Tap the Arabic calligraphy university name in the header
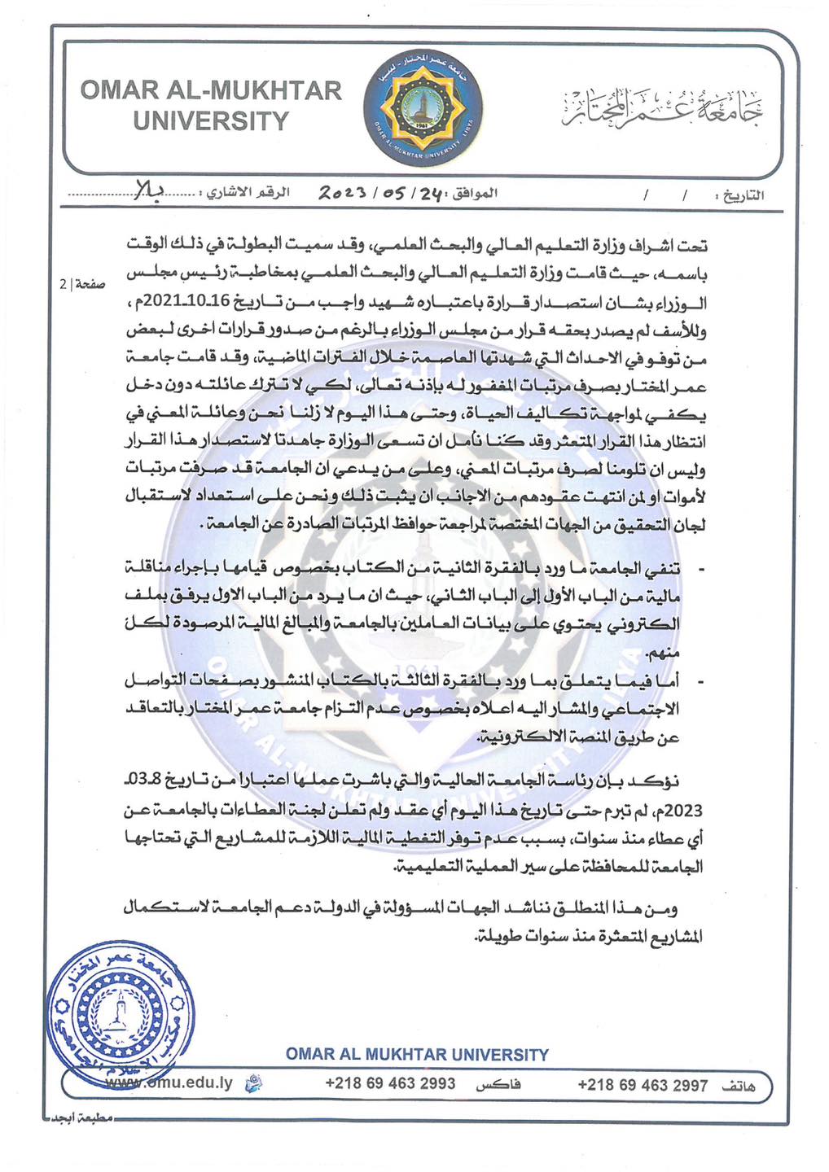tap(664, 107)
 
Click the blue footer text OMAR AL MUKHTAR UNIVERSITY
tap(417, 1055)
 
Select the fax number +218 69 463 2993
tap(390, 1083)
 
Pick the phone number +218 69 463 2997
tap(643, 1085)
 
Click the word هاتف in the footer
tap(739, 1086)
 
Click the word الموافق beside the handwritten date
tap(474, 195)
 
